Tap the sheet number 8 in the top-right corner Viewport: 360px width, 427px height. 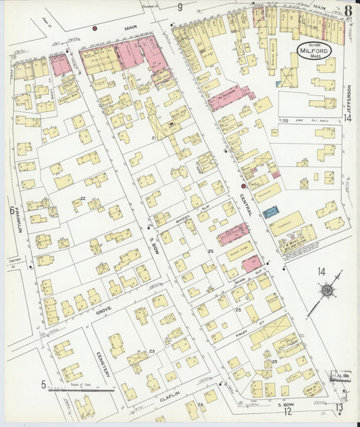pyautogui.click(x=346, y=10)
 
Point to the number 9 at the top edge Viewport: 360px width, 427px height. pyautogui.click(x=180, y=7)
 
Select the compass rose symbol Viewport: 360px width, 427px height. pyautogui.click(x=328, y=290)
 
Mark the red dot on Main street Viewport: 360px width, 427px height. pyautogui.click(x=95, y=28)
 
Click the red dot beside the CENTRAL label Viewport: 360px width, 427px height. pyautogui.click(x=244, y=186)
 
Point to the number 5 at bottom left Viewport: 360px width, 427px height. pyautogui.click(x=43, y=385)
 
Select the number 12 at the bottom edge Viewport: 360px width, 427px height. pyautogui.click(x=286, y=411)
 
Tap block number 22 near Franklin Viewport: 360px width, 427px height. pyautogui.click(x=82, y=198)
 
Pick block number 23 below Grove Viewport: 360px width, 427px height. pyautogui.click(x=152, y=351)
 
